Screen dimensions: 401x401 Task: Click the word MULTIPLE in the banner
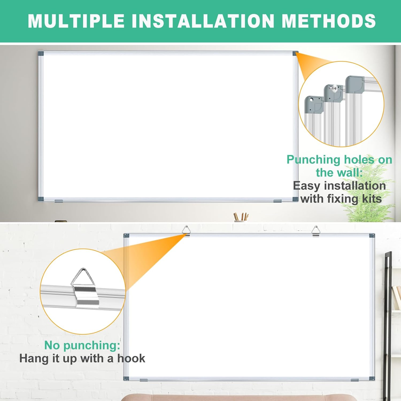pos(76,21)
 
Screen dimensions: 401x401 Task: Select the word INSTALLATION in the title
pos(203,21)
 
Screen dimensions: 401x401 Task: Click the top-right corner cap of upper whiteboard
pos(295,53)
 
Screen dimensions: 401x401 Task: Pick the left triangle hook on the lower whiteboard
pos(186,230)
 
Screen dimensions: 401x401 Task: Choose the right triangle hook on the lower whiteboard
pos(316,230)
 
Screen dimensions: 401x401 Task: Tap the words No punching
pos(82,345)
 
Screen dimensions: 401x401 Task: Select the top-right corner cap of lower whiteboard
pos(372,236)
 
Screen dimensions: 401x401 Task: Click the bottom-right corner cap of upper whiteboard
pos(295,199)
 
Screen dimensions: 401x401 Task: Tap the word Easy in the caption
pos(306,186)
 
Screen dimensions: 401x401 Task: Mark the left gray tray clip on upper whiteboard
pos(59,201)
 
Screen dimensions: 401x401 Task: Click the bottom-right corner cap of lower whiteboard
pos(372,379)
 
